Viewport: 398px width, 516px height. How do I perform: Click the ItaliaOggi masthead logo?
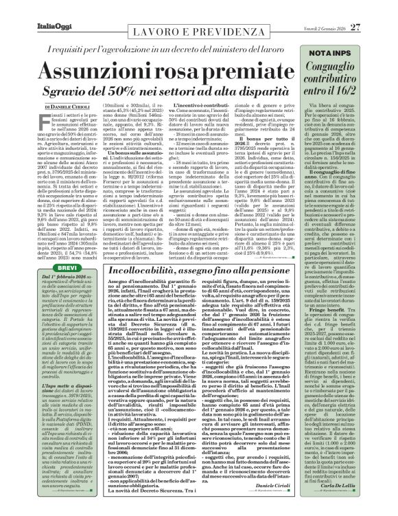pyautogui.click(x=27, y=8)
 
